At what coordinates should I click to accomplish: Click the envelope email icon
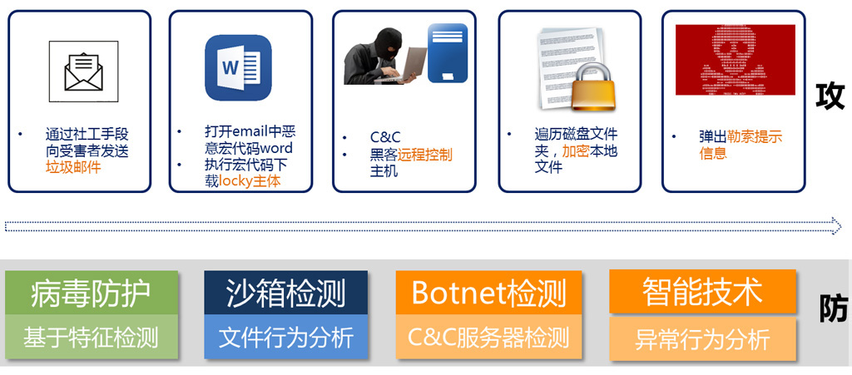click(83, 72)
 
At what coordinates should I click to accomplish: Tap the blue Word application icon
click(238, 67)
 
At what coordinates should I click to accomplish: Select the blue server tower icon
click(447, 52)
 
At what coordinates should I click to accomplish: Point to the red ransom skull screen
click(736, 60)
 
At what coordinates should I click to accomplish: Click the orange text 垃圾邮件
click(73, 167)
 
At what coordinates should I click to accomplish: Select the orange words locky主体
click(250, 181)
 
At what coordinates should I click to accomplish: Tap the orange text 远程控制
click(424, 155)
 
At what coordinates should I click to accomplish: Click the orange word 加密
click(576, 151)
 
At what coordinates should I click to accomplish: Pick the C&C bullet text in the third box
click(385, 138)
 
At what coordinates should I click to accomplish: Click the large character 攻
click(830, 97)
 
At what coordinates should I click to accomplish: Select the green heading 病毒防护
click(91, 293)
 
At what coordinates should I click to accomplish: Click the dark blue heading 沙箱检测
click(286, 294)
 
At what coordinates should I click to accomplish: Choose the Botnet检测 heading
click(489, 293)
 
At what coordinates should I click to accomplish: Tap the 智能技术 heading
click(702, 292)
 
